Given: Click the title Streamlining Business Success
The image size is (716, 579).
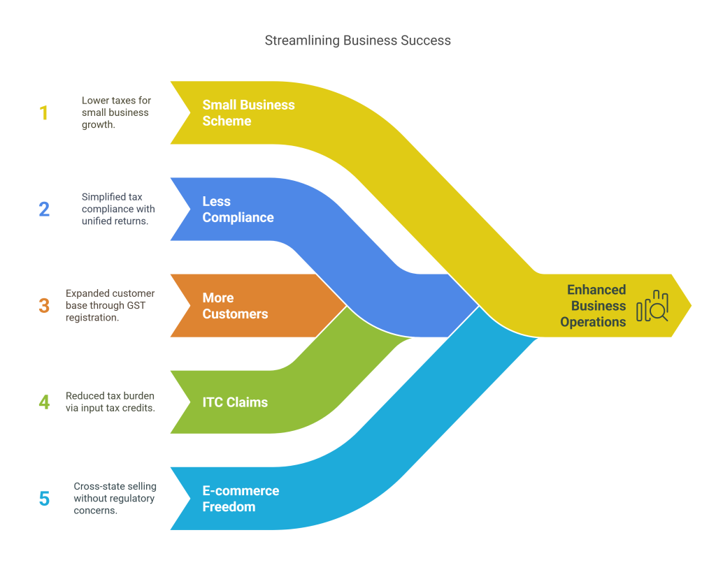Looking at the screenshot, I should (x=357, y=41).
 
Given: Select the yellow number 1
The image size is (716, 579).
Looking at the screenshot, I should (x=44, y=112).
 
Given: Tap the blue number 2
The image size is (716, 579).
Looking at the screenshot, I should (x=44, y=209).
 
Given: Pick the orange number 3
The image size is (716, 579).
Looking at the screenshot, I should (x=44, y=305).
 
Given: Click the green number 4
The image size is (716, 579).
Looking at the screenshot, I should (x=44, y=402).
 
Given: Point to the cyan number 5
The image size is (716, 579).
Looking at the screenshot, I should (x=44, y=499).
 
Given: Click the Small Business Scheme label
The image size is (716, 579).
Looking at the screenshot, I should (x=248, y=112).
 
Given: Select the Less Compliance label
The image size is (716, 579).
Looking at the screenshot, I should (x=238, y=210).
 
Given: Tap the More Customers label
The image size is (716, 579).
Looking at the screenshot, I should (x=235, y=306).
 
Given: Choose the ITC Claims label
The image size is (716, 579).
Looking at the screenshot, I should (x=235, y=402).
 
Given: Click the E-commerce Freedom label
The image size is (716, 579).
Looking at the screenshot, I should (x=241, y=499).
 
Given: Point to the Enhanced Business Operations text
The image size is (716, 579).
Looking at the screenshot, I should (x=596, y=306).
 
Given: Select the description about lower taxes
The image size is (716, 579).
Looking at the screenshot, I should (x=115, y=112).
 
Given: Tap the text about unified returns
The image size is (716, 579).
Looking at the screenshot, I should (x=117, y=209).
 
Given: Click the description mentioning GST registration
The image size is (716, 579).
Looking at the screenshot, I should (x=110, y=305).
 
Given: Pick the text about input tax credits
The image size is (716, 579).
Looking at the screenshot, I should (x=110, y=402).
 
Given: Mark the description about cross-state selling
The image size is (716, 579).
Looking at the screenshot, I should (x=115, y=499).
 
